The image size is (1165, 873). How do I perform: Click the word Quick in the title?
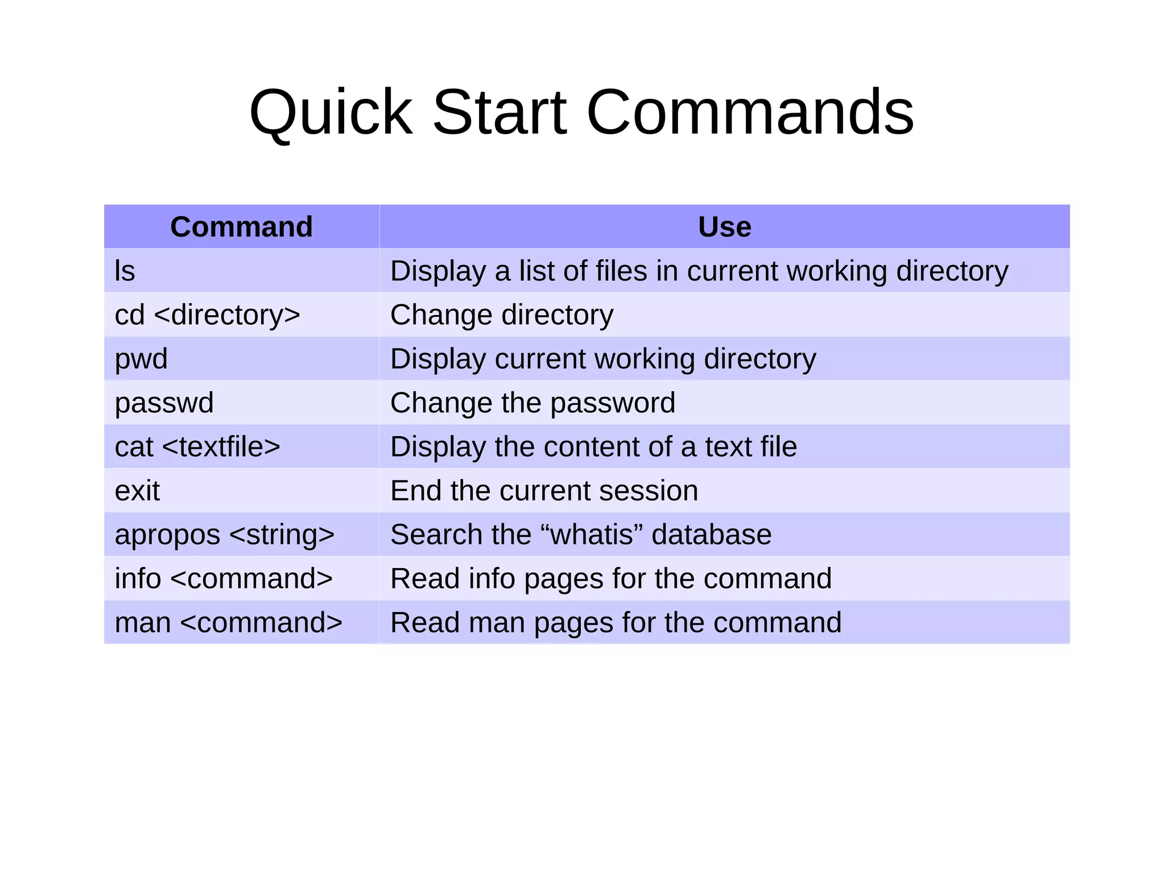pos(331,113)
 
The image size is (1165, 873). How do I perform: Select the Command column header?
pos(241,227)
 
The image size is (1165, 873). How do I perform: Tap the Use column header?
pos(724,227)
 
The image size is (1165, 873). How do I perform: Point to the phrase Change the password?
pos(532,403)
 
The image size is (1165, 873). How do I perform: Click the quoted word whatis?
pos(592,535)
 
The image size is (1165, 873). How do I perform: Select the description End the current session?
pos(544,491)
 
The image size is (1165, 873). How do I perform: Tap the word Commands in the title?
pos(749,113)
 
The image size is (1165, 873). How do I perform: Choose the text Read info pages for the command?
pos(610,579)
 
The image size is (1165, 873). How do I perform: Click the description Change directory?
pos(502,315)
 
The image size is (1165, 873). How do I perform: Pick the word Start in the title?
pos(499,113)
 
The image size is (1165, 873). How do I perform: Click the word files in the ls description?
pos(621,271)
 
